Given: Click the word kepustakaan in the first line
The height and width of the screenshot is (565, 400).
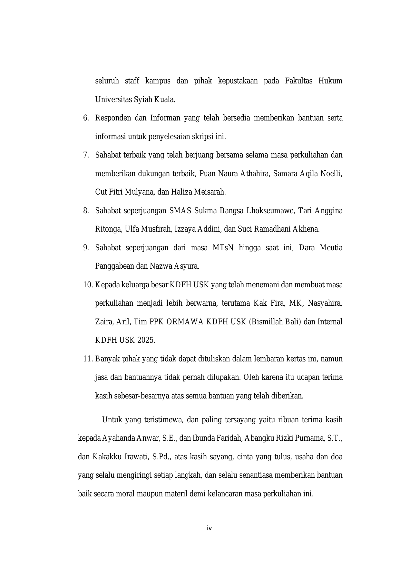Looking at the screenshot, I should pyautogui.click(x=238, y=81).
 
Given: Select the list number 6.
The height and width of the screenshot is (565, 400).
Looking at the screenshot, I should pyautogui.click(x=85, y=118).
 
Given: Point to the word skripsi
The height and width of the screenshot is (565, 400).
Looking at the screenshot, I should pyautogui.click(x=203, y=137).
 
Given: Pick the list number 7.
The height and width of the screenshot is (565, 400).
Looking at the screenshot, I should pyautogui.click(x=85, y=155).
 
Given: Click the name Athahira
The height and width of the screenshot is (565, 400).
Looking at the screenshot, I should pyautogui.click(x=254, y=174).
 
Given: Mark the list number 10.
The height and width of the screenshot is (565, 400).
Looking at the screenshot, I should pyautogui.click(x=88, y=285).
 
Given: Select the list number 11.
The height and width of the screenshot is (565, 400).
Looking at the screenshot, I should pyautogui.click(x=88, y=359).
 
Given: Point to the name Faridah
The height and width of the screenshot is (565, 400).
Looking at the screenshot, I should pyautogui.click(x=229, y=438).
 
